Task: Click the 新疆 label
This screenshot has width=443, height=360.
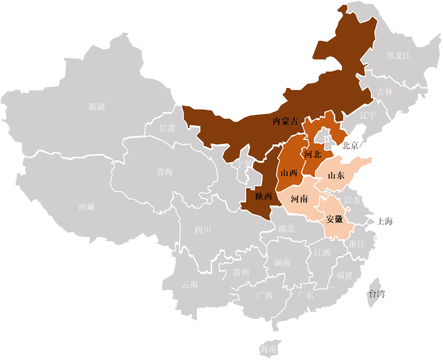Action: click(x=97, y=106)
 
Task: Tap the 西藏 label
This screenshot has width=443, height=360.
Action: click(x=87, y=207)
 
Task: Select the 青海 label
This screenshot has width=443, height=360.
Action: click(x=165, y=172)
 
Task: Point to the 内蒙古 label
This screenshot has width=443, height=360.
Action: click(x=285, y=121)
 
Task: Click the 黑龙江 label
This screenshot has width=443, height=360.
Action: click(x=398, y=56)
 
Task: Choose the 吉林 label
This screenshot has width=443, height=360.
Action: click(x=385, y=92)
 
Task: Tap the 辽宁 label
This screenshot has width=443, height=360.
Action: click(x=367, y=116)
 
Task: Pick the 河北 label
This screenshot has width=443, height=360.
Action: click(x=312, y=155)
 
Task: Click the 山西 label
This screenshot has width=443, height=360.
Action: click(x=289, y=173)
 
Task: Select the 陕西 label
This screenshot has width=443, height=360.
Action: click(x=264, y=197)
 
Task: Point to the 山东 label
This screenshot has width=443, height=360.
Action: click(x=336, y=175)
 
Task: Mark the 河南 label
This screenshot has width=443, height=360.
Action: click(x=299, y=199)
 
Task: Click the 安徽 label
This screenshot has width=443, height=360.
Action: click(x=334, y=219)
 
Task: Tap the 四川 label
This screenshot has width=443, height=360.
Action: click(x=203, y=230)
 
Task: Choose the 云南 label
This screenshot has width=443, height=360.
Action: click(x=190, y=285)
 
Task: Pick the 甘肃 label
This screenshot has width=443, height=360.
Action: click(x=167, y=129)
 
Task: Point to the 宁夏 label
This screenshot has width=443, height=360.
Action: click(x=243, y=163)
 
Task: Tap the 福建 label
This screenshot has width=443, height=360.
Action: click(x=345, y=276)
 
